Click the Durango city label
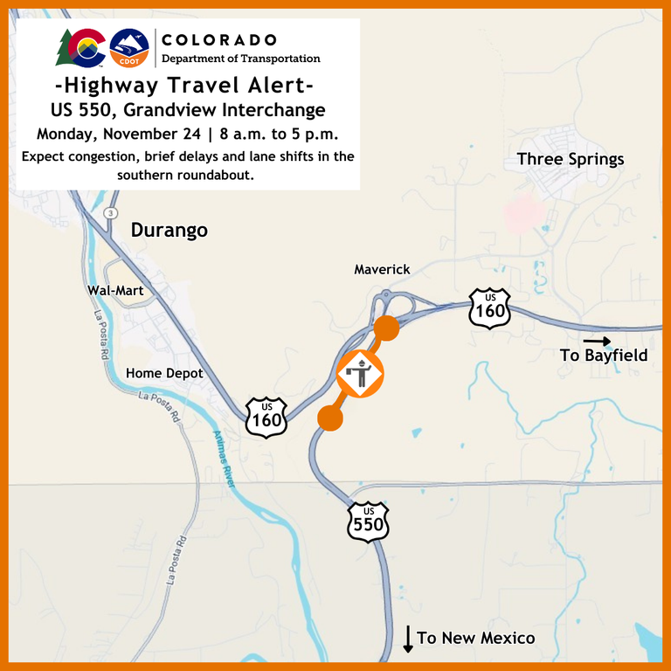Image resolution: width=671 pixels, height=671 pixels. [169, 231]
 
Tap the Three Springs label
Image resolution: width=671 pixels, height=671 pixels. [571, 159]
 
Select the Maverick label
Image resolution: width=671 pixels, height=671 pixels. [382, 270]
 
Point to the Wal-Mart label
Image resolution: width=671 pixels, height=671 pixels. [115, 290]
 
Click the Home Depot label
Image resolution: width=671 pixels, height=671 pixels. [164, 373]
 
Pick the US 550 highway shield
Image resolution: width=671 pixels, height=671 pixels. [368, 522]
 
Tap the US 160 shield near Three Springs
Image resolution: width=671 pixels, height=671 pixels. [489, 308]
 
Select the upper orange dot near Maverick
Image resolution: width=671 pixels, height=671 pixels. [386, 329]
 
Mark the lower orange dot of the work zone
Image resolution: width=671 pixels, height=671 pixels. [329, 418]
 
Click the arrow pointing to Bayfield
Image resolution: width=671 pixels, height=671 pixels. [598, 341]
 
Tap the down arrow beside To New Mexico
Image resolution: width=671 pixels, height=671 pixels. [407, 639]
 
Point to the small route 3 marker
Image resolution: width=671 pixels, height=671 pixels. [110, 213]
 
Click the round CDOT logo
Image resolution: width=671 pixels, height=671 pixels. [129, 49]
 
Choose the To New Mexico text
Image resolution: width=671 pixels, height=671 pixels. [476, 639]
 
